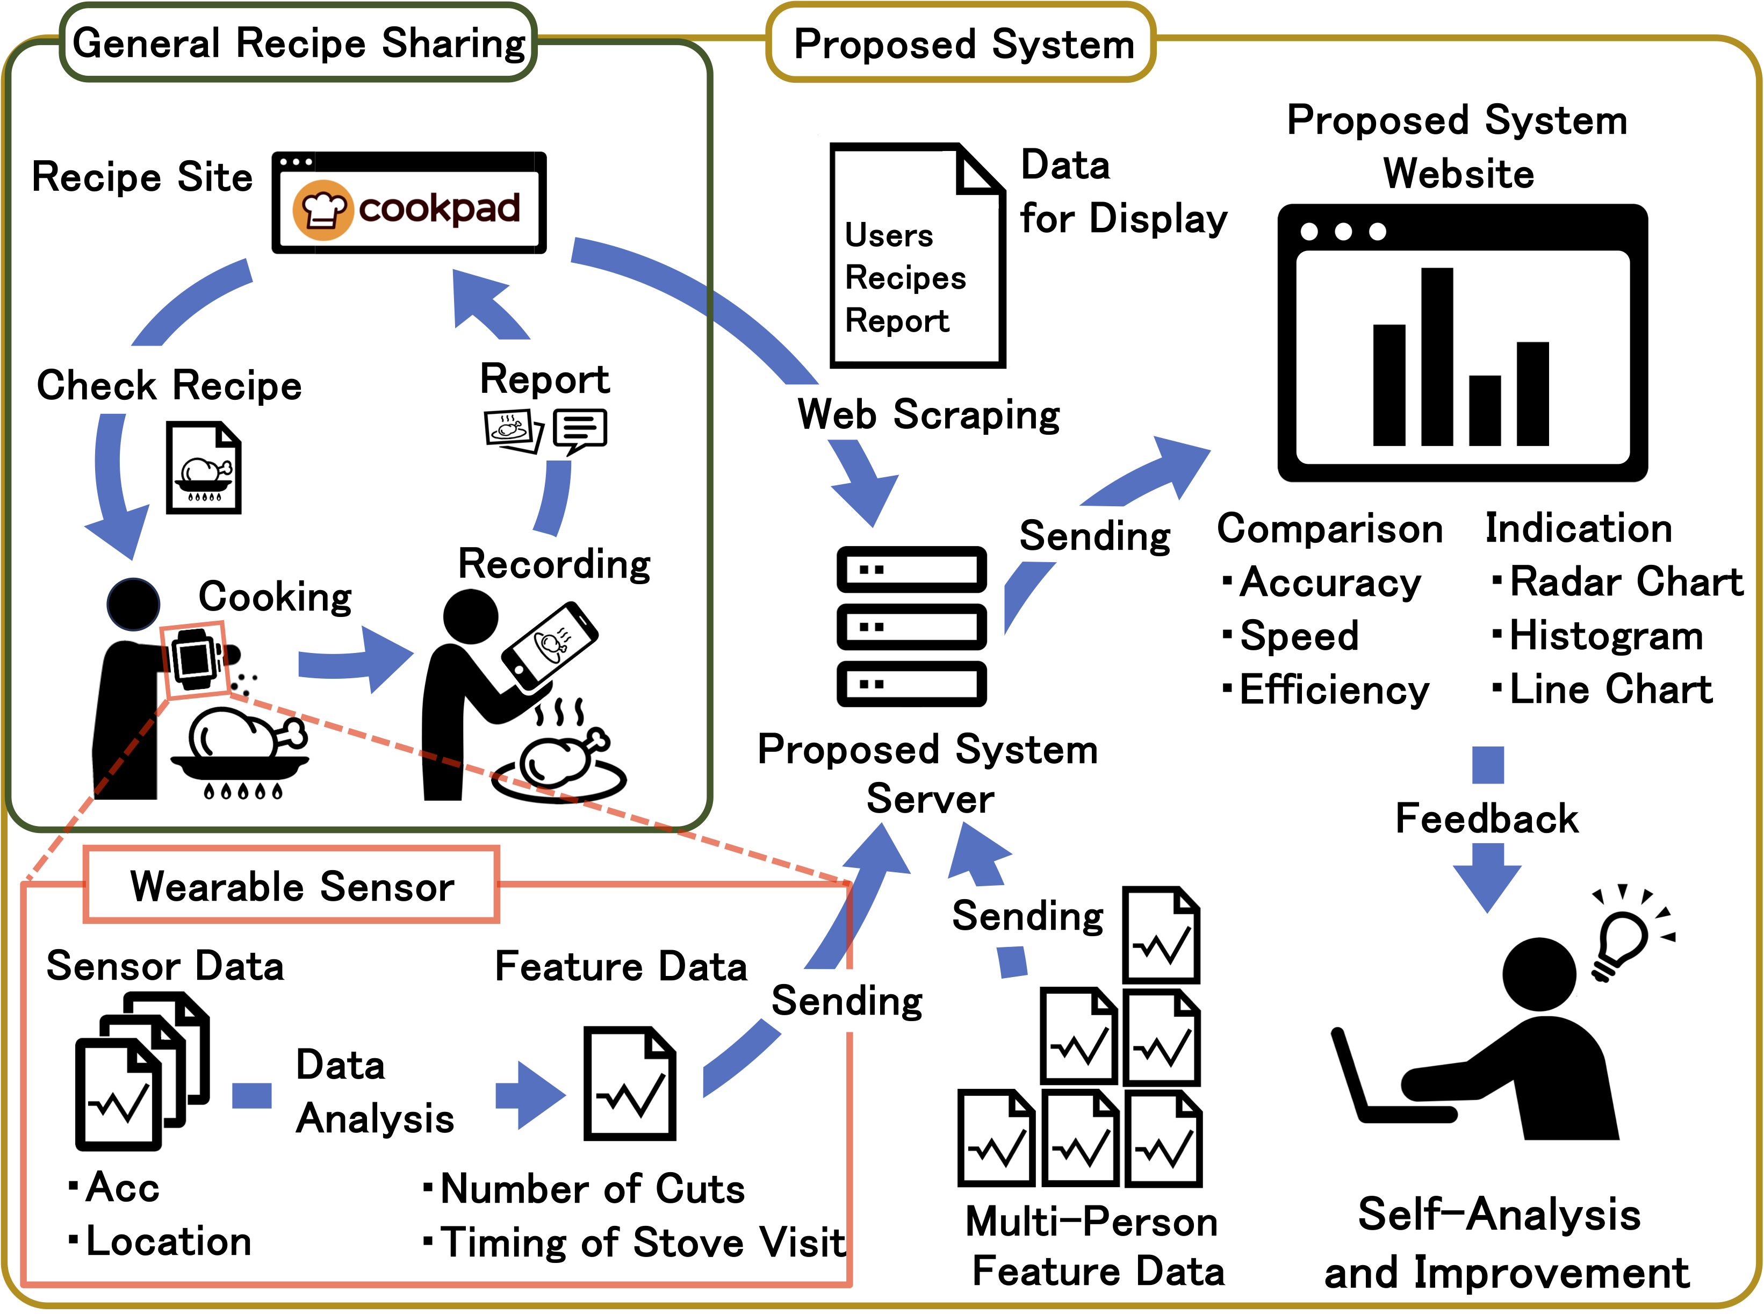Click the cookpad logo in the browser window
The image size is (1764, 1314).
[407, 209]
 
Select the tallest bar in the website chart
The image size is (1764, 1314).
[1436, 356]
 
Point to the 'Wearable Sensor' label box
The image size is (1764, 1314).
[291, 885]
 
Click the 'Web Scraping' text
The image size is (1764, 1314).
[928, 414]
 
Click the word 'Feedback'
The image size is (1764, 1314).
[1486, 818]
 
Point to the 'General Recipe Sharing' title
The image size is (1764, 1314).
[299, 43]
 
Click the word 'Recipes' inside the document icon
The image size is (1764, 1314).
[905, 278]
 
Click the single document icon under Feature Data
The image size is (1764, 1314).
[629, 1083]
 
